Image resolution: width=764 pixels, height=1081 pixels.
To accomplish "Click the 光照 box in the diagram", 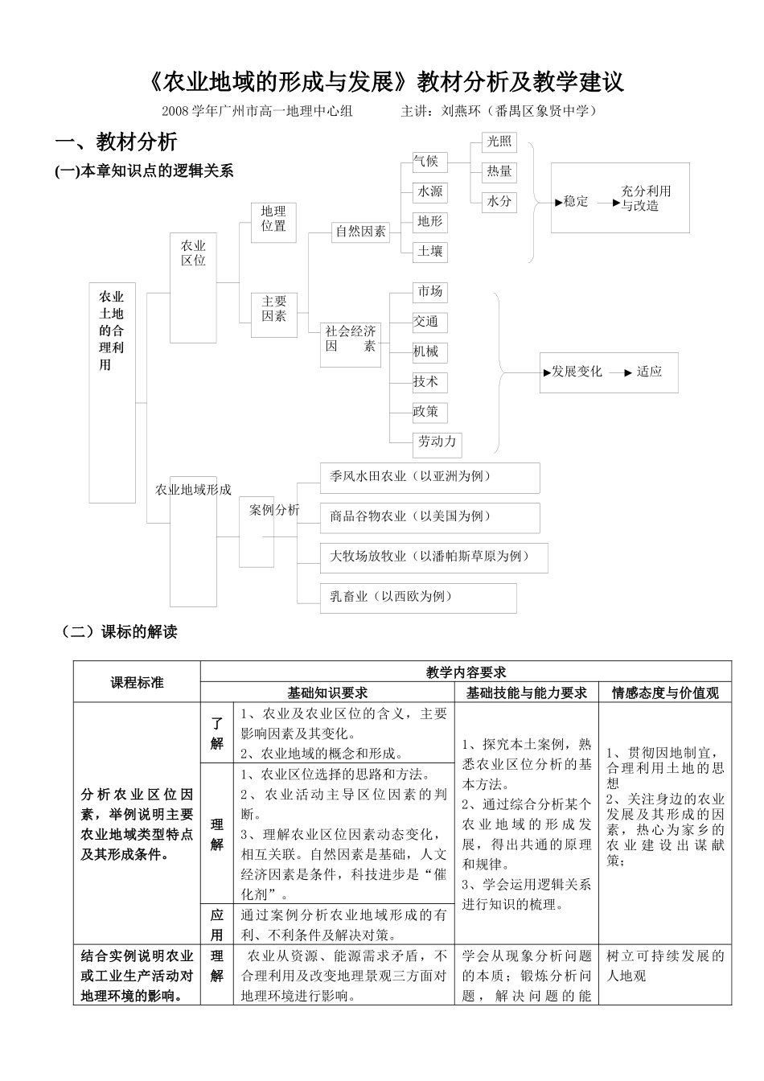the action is (499, 142).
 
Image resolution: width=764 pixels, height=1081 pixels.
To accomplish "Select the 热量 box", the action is (499, 171).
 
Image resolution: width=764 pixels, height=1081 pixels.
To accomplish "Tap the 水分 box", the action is (499, 201).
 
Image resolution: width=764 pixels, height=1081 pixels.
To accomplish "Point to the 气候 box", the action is (426, 162).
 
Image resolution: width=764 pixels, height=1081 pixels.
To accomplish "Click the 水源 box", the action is (429, 192).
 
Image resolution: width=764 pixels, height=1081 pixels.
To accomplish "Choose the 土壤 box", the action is (429, 251).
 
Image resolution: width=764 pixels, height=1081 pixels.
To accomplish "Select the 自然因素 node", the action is (361, 232).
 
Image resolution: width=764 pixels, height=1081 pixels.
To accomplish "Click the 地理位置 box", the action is (273, 220).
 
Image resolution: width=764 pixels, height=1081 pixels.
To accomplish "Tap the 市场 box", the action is (429, 292).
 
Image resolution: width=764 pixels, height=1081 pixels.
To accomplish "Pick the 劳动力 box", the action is (437, 442).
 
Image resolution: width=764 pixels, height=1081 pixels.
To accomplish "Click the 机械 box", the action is (426, 352).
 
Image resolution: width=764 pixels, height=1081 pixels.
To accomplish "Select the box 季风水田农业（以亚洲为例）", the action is (429, 477).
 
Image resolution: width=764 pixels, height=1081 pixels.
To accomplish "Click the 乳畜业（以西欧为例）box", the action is (418, 598).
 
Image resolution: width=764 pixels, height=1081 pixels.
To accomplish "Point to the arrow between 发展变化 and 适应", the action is (618, 372).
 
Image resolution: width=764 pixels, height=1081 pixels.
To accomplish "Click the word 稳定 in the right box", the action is (576, 202).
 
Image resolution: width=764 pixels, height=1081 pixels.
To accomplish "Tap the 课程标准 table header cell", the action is (137, 682).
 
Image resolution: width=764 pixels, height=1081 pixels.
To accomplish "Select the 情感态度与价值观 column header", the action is (665, 693).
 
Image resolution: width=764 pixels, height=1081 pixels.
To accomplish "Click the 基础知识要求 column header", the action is (327, 693).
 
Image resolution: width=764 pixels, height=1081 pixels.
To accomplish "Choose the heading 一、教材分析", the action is (116, 143).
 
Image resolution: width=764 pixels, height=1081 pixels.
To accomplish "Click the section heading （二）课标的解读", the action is (118, 632).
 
